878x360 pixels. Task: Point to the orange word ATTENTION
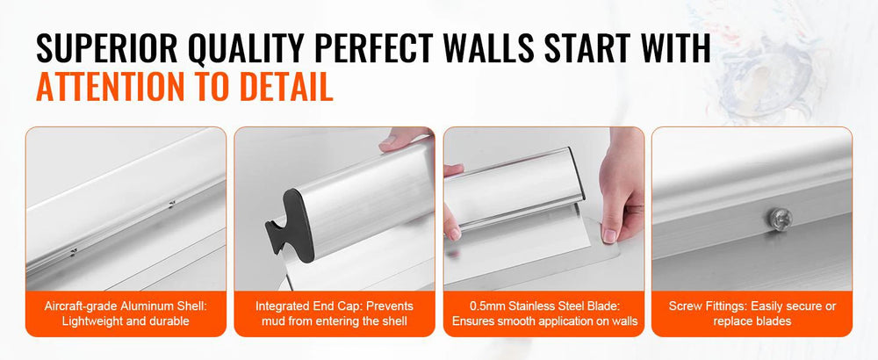(x=110, y=86)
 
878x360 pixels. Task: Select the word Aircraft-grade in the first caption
(x=79, y=306)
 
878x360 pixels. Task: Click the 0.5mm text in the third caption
(x=486, y=306)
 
